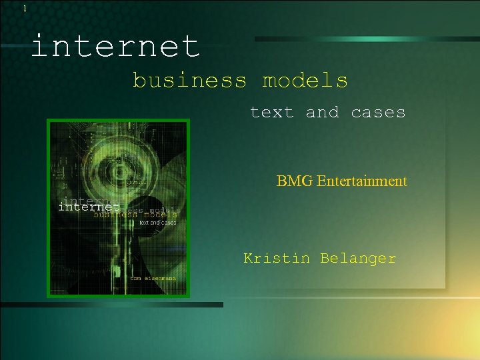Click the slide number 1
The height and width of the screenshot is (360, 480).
point(25,9)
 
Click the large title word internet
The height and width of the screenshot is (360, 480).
point(115,47)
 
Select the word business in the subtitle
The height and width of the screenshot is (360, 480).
point(189,81)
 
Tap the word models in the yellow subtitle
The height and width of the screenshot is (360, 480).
point(305,81)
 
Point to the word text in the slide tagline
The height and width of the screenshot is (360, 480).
point(271,112)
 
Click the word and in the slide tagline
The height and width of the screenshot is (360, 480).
point(322,112)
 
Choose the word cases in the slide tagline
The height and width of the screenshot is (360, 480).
point(378,112)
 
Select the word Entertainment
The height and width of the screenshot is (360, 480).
point(362,181)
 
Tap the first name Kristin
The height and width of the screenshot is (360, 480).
point(277,258)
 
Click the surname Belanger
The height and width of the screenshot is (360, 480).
point(358,258)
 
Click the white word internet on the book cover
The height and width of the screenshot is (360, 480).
point(88,207)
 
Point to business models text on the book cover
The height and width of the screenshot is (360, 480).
point(135,215)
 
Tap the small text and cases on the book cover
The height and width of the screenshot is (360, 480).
point(157,223)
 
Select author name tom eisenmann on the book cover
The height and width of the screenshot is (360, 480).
point(153,279)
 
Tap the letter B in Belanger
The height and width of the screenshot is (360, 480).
point(324,258)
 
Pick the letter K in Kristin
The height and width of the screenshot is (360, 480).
point(248,258)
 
